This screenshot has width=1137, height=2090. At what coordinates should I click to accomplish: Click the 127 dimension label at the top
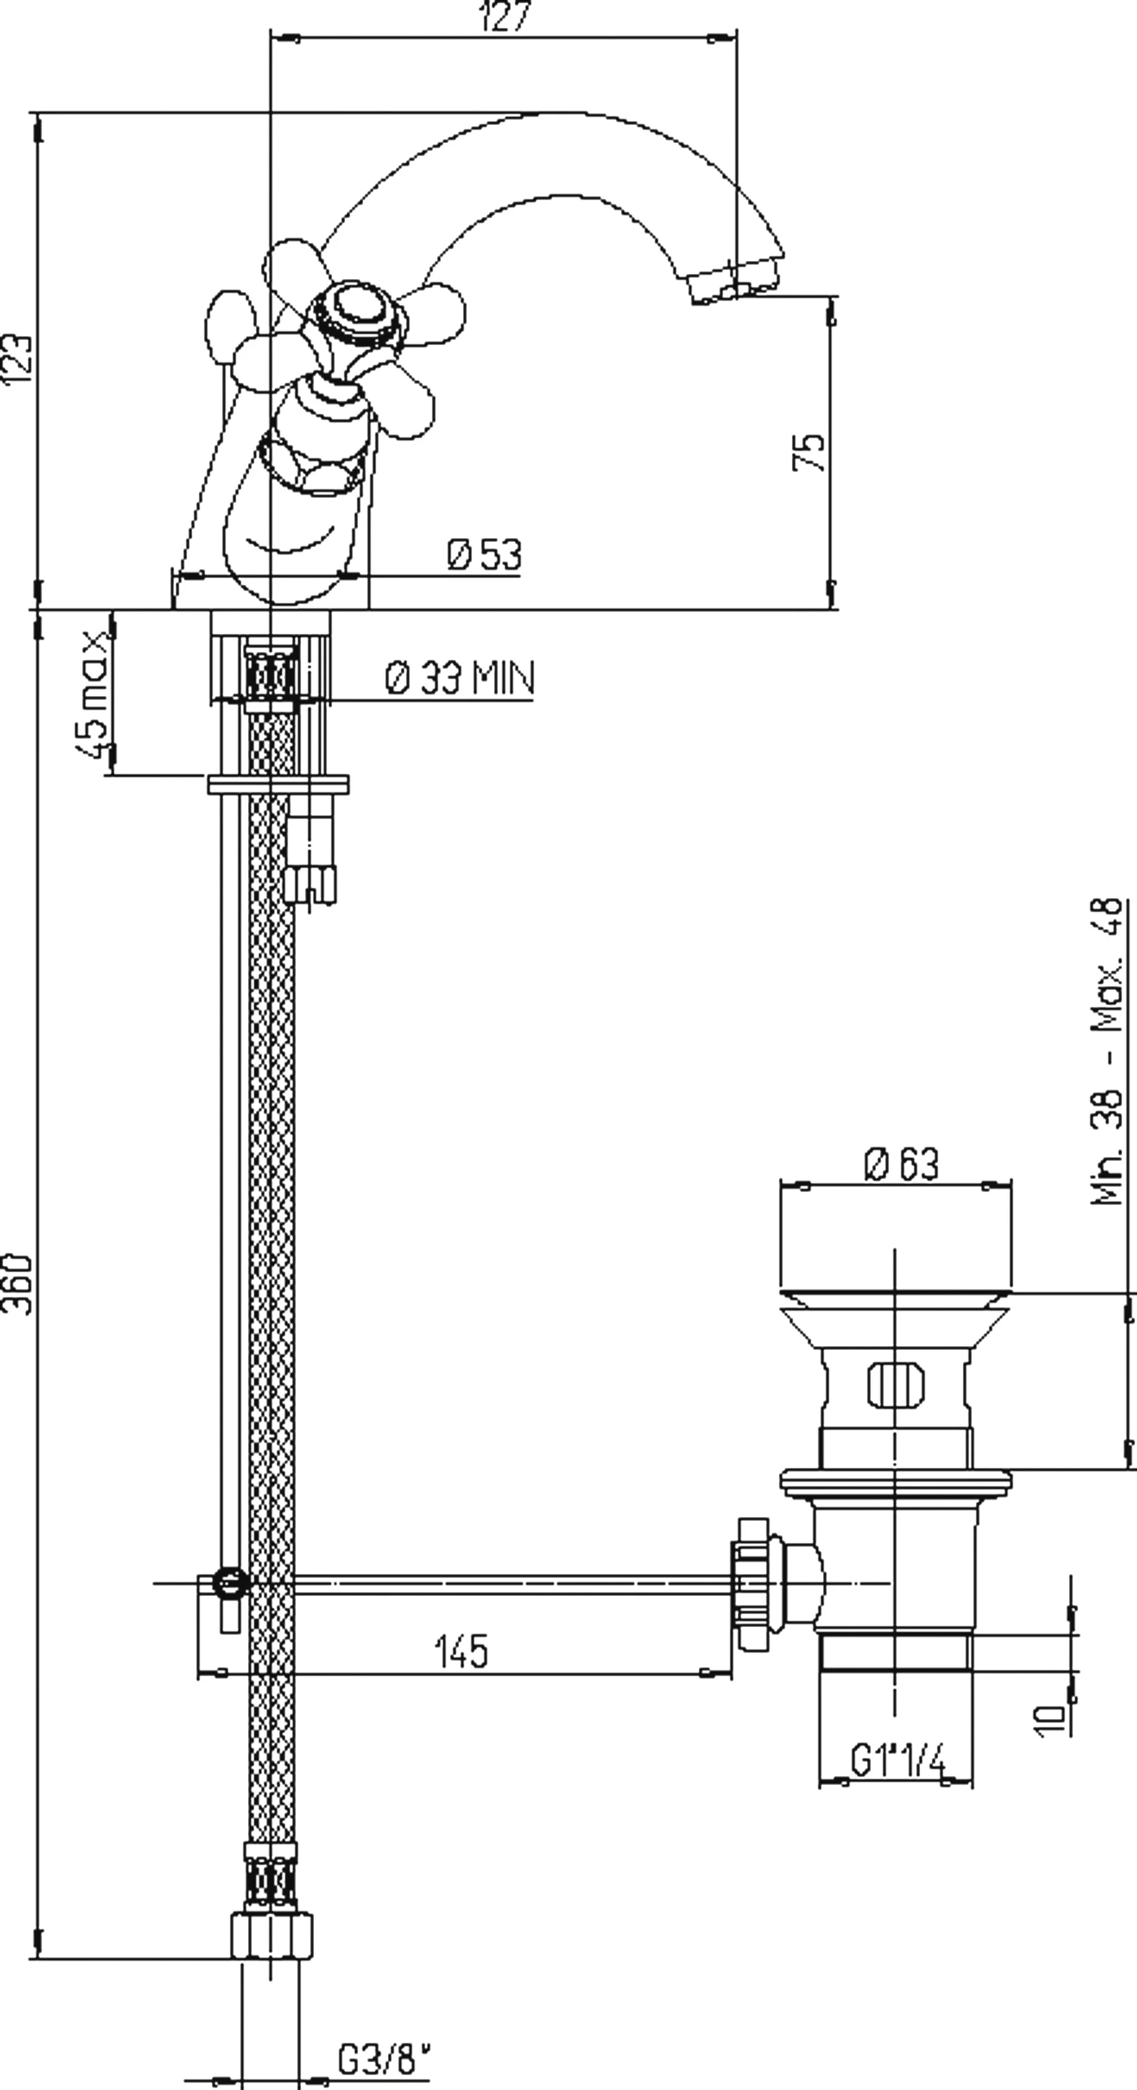coord(505,16)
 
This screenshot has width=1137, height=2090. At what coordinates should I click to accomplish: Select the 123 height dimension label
coord(18,357)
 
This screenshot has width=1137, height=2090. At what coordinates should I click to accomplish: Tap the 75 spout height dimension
coord(808,451)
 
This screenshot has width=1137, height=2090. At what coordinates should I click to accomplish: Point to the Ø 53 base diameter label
coord(484,554)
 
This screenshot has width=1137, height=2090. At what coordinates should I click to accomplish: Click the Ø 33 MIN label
coord(459,677)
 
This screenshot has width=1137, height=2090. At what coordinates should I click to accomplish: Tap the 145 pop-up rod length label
coord(461,1651)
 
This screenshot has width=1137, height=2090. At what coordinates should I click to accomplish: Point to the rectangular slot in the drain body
coord(895,1384)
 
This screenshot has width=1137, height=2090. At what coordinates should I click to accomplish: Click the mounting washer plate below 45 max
coord(278,784)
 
